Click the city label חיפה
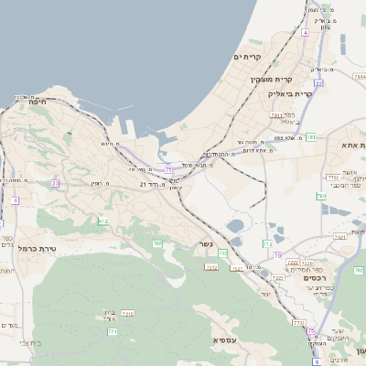(37, 102)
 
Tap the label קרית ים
(248, 57)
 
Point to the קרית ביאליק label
(291, 93)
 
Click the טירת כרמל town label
(38, 249)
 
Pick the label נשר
(203, 245)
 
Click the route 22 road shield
(318, 83)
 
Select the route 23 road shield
(56, 183)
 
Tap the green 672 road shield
(102, 221)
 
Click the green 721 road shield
(113, 331)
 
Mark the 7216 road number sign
(128, 314)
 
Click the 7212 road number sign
(211, 266)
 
